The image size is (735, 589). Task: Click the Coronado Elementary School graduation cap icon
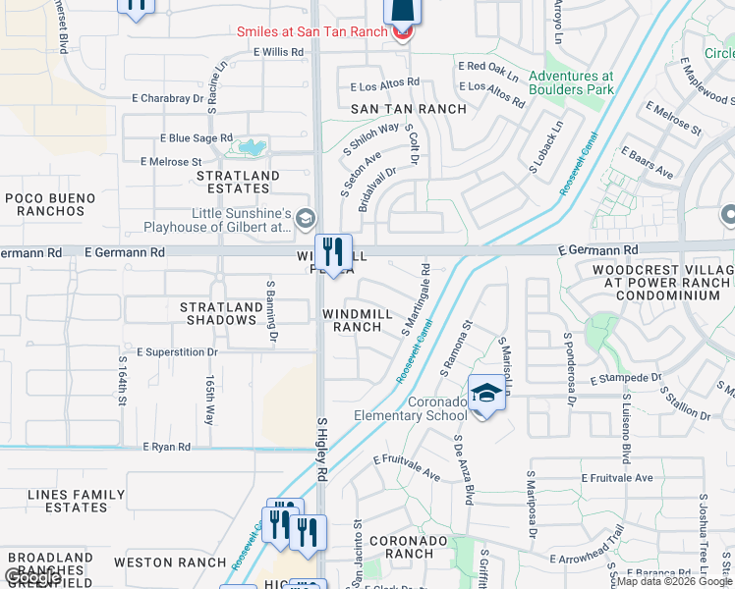(x=485, y=395)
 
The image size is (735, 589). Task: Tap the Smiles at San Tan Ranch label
(x=312, y=31)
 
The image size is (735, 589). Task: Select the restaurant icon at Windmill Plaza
(x=333, y=251)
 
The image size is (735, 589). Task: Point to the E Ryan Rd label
(x=166, y=447)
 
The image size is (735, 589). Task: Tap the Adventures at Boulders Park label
(x=570, y=83)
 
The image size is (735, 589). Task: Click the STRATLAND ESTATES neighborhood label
(x=238, y=182)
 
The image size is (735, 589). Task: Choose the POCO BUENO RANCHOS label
(x=51, y=204)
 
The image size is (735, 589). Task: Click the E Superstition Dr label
(x=177, y=351)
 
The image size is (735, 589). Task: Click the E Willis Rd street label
(x=278, y=52)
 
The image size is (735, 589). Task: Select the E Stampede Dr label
(x=626, y=378)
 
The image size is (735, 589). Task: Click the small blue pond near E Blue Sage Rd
(x=251, y=148)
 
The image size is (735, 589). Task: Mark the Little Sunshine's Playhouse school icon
(x=305, y=218)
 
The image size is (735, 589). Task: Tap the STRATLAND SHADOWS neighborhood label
(x=220, y=314)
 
